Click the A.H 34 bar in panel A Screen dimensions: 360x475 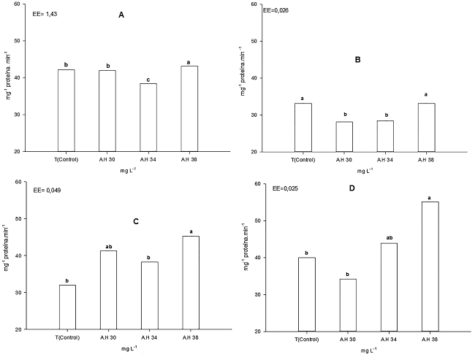148,117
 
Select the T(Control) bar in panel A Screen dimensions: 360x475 66,110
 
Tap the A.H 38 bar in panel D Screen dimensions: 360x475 430,267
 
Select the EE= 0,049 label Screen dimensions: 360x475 43,191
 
